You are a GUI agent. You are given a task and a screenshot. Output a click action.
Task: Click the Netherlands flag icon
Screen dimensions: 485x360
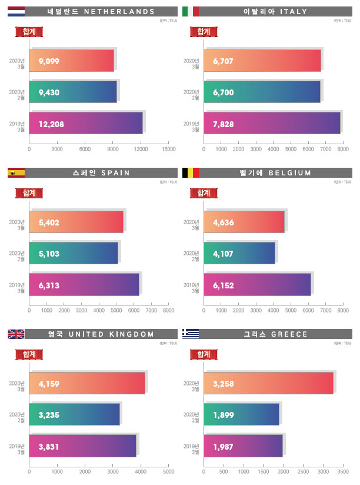(x=16, y=11)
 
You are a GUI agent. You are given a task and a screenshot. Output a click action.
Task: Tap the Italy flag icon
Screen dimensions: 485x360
(x=191, y=11)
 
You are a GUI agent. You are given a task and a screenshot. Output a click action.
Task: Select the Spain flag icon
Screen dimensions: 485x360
(x=16, y=172)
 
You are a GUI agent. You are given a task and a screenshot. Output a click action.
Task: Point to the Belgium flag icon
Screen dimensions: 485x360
(x=191, y=172)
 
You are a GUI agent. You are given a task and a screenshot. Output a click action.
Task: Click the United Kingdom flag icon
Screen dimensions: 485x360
(x=16, y=334)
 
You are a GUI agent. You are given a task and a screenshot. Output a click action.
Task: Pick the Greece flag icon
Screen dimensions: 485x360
(x=191, y=334)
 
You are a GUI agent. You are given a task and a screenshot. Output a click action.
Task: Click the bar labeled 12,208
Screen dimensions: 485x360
(x=86, y=124)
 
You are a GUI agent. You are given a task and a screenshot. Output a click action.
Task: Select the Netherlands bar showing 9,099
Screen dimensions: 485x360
(x=71, y=61)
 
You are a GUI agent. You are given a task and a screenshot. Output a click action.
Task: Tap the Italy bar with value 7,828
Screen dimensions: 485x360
(x=272, y=124)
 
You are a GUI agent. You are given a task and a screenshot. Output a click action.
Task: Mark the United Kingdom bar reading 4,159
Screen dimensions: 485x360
(x=87, y=384)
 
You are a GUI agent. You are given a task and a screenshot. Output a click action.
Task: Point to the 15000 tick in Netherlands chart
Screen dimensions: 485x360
(x=168, y=150)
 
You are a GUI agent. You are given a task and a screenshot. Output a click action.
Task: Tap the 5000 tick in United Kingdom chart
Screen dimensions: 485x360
(x=168, y=472)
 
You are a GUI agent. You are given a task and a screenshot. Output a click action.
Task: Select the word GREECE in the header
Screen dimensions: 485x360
(x=290, y=334)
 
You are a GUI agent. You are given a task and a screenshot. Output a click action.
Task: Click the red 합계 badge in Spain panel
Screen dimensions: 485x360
(x=29, y=192)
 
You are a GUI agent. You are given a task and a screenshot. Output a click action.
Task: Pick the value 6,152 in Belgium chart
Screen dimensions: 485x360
(x=225, y=285)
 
